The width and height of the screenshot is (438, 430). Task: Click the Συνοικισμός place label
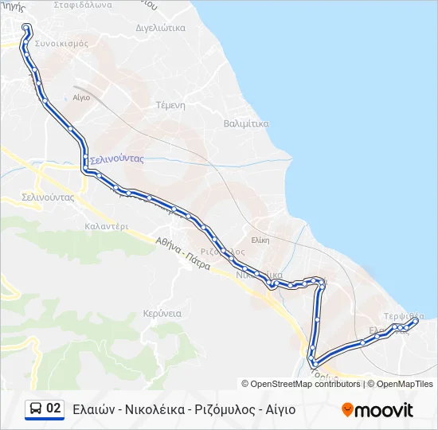(x=61, y=44)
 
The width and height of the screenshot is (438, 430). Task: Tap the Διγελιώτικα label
(x=161, y=27)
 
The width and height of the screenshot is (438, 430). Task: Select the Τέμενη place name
(x=170, y=104)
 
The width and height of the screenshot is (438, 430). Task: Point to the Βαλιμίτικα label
(x=246, y=123)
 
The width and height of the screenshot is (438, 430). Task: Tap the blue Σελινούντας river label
(x=116, y=158)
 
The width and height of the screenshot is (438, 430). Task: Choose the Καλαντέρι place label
(x=106, y=225)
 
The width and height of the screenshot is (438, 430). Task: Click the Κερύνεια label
(x=162, y=313)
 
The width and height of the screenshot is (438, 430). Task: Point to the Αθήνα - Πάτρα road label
(x=182, y=253)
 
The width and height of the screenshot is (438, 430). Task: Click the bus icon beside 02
(x=36, y=409)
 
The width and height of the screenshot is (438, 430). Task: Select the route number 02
(x=53, y=408)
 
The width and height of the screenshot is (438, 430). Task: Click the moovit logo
(x=377, y=409)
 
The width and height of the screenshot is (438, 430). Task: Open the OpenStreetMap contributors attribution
(x=305, y=384)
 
